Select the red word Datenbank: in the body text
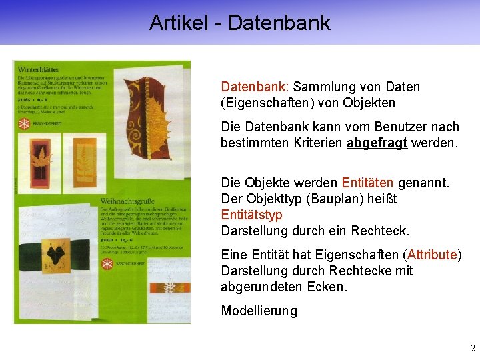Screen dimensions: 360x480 [x=254, y=87]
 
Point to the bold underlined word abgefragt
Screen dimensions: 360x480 [x=377, y=143]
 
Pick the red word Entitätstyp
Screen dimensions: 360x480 [x=251, y=215]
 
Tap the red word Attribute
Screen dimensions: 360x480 [x=431, y=255]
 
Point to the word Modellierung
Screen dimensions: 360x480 [x=259, y=311]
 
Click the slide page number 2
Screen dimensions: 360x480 [x=473, y=348]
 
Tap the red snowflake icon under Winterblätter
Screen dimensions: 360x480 [x=24, y=125]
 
